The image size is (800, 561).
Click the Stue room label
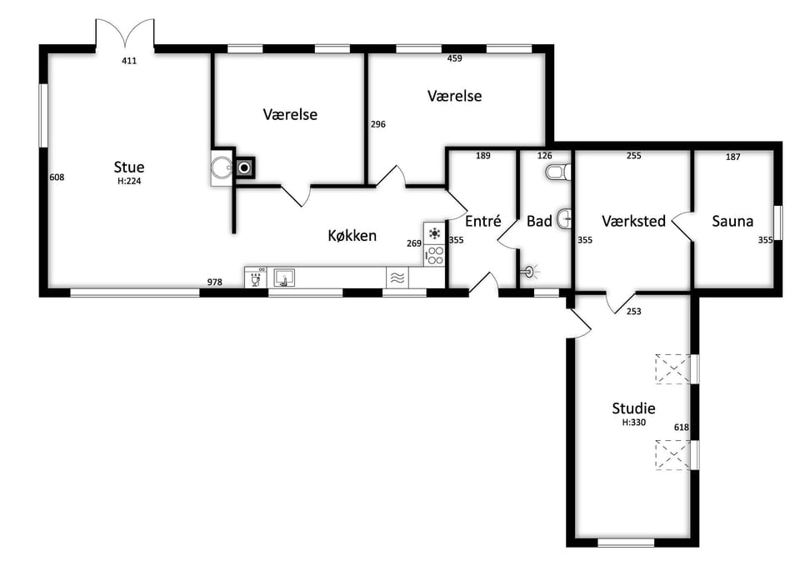(129, 167)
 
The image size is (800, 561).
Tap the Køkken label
(352, 235)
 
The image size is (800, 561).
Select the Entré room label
(483, 221)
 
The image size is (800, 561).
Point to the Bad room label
(539, 221)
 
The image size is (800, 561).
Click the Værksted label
(633, 221)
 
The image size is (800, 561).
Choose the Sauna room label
(732, 221)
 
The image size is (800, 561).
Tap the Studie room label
(633, 408)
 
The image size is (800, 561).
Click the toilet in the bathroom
(557, 172)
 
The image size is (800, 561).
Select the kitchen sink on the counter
(284, 278)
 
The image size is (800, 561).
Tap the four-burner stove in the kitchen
(435, 255)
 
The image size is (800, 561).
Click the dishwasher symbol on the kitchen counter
(255, 278)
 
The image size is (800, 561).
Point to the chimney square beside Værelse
(245, 168)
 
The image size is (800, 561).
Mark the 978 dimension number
(215, 282)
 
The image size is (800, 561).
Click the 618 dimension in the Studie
(682, 428)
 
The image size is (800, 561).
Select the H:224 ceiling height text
(129, 181)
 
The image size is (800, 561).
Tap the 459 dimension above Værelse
(455, 58)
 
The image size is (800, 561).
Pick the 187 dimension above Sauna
(732, 157)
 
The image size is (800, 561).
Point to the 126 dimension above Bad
(545, 156)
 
